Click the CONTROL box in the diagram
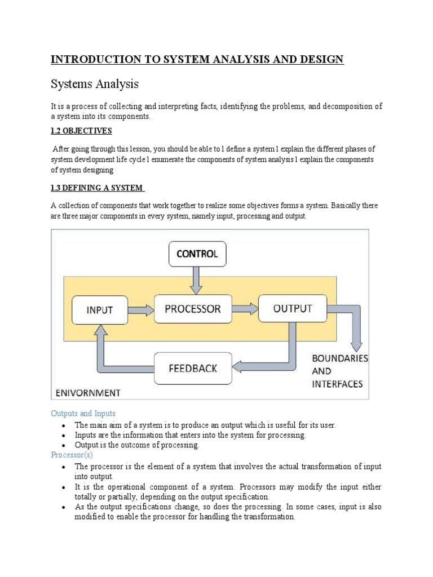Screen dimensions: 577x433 click(197, 254)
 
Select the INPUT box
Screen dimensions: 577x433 click(100, 310)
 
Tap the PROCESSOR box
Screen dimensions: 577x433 click(193, 309)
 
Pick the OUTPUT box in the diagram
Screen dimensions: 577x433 click(292, 308)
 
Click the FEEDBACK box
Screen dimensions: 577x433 click(193, 369)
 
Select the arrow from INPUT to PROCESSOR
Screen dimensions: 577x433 click(141, 309)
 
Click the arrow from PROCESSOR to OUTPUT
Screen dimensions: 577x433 click(245, 308)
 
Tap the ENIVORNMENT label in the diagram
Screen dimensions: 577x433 click(87, 392)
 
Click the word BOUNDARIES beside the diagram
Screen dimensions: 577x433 click(340, 358)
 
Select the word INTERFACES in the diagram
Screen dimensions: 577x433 click(337, 384)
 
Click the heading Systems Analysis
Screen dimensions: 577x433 click(95, 85)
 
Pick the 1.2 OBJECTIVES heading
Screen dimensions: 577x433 click(82, 131)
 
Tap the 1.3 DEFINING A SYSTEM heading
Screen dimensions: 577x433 click(97, 188)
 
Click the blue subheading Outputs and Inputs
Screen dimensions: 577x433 click(83, 414)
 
